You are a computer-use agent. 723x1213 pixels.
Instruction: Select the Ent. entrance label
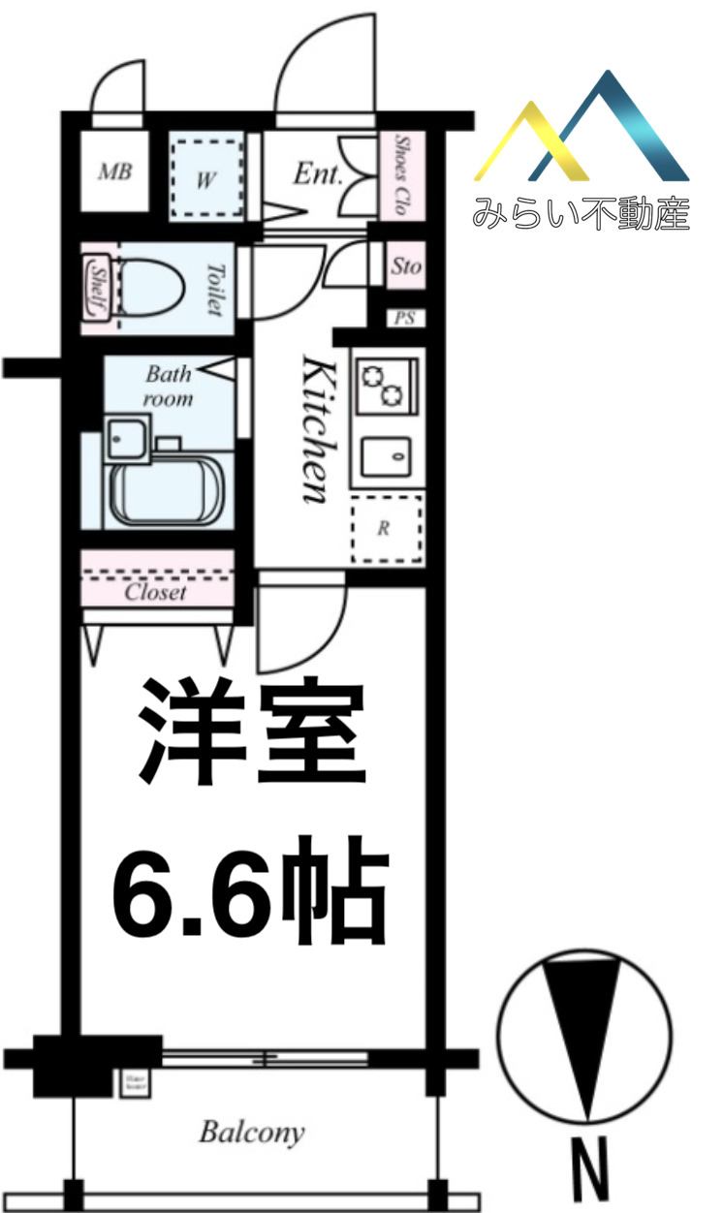pos(318,174)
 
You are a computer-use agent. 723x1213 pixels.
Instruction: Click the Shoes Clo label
pos(398,174)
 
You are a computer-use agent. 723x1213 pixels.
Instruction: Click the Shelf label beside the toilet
pos(97,286)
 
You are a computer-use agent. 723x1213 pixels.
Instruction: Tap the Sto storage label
pos(406,265)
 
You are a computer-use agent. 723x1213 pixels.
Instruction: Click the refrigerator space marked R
pos(386,528)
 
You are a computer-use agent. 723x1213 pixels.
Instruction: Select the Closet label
pos(155,592)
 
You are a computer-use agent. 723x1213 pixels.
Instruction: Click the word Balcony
pos(252,1132)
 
